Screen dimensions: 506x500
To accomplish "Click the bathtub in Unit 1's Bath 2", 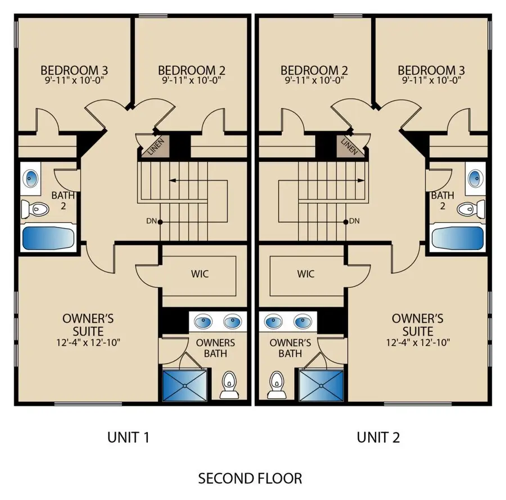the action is pos(48,238).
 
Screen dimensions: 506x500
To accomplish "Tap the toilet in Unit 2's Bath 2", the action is pos(471,208).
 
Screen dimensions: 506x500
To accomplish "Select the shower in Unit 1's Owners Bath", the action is pos(184,385).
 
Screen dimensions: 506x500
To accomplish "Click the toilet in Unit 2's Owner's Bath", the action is pos(277,385).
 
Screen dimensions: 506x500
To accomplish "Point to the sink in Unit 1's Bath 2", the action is pos(31,178).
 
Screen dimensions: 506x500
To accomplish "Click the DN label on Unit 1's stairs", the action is pos(151,221).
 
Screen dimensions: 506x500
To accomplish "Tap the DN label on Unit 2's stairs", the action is pos(354,221).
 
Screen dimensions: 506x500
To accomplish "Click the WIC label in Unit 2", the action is pos(306,274).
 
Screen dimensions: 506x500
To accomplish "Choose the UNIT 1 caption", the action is pos(128,438).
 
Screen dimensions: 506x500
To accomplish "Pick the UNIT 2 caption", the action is pos(378,438).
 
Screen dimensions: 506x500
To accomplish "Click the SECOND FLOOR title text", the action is pos(250,479).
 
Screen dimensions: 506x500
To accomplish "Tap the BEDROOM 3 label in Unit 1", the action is pos(74,70).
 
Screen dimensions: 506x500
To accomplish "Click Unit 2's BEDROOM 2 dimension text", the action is pos(314,80).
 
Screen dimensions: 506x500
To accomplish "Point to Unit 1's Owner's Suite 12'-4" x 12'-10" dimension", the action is pos(88,342).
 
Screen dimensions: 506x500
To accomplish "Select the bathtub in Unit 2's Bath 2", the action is pos(458,238).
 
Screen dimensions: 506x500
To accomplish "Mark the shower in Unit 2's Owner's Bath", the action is pos(322,385).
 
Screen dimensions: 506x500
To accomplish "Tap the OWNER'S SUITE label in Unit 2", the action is pos(418,325).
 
